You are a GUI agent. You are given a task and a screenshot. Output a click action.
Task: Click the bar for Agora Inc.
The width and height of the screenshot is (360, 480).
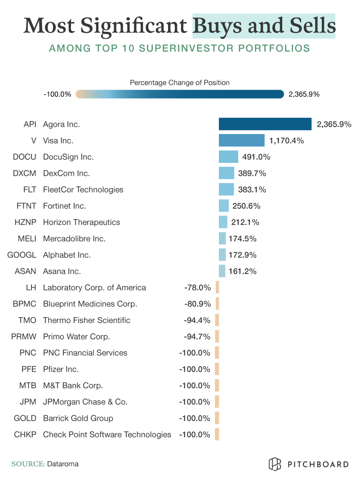coord(265,124)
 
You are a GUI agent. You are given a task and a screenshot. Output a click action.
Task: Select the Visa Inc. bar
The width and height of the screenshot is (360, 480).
coord(241,140)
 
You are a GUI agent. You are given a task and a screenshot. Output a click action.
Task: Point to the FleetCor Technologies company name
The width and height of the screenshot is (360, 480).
coord(83,189)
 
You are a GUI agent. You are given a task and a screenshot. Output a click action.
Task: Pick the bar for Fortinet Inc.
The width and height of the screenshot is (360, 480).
coord(224,206)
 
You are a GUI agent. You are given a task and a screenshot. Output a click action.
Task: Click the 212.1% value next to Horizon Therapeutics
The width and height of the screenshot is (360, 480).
coord(246,222)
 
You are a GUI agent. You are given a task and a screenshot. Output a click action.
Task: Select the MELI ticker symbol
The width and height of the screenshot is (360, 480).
coord(27,238)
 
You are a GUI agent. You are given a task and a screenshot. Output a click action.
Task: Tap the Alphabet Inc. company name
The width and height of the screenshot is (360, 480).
coord(67,255)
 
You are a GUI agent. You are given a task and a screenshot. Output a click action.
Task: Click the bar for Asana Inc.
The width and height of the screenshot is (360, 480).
coord(222,271)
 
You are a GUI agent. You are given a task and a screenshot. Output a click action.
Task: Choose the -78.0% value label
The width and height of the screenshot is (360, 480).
coord(197,287)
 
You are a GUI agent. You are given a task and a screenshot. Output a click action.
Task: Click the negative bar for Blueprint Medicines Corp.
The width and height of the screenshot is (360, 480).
coord(217,304)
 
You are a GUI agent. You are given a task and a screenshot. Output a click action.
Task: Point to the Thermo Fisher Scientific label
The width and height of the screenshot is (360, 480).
coord(87,320)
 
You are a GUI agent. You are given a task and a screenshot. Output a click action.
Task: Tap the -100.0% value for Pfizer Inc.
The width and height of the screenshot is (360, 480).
coord(195,369)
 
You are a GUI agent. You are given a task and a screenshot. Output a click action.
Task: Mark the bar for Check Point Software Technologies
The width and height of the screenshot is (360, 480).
coord(217,434)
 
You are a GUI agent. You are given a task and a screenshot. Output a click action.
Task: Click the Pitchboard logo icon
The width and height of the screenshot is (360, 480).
coord(275,464)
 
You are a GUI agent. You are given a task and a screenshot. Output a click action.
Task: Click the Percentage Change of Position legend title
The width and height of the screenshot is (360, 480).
coord(180,82)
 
